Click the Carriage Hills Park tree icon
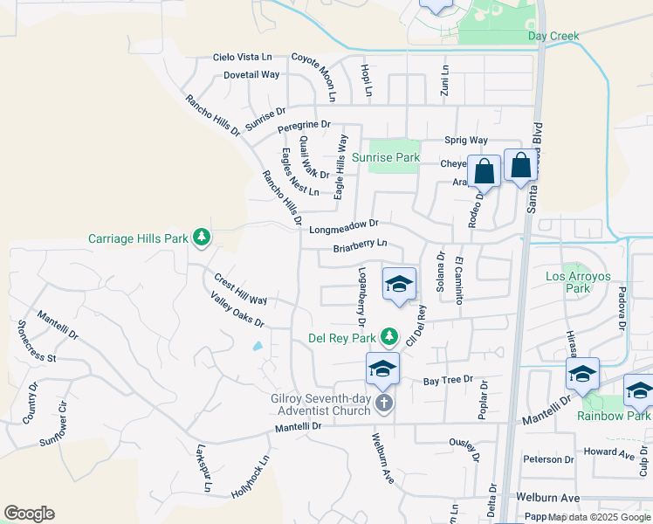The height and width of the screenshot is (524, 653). pos(202,237)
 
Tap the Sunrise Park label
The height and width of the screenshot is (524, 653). pos(386,158)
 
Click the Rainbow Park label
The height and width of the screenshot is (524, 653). pos(613,416)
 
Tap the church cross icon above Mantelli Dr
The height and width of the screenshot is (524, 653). pos(383,403)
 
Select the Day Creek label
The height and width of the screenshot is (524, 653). pos(553,36)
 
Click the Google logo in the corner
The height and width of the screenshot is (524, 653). pos(29,513)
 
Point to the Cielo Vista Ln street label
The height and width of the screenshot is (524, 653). pos(244,57)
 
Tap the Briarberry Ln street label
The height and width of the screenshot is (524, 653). pos(360,247)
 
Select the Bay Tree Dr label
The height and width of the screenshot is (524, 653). pos(448,380)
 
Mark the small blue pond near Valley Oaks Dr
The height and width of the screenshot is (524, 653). pos(258,346)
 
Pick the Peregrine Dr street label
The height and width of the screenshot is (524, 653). pos(304,127)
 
